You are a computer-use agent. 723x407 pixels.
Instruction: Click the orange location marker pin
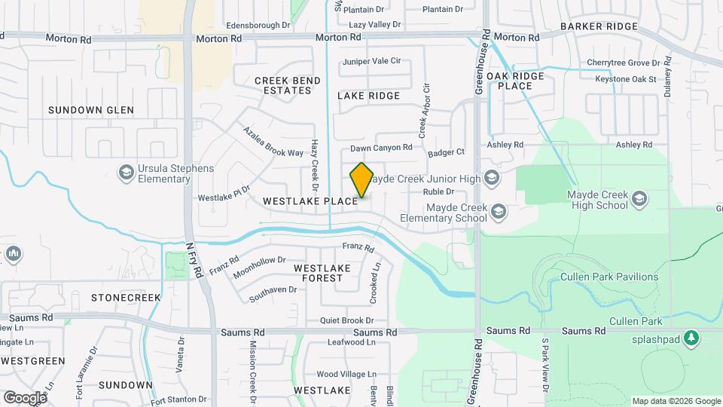click(x=361, y=180)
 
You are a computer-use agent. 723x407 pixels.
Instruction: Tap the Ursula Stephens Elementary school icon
click(x=126, y=173)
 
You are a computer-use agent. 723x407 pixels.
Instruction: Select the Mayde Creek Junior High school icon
click(x=492, y=179)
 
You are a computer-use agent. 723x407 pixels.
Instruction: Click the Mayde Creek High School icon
click(x=639, y=199)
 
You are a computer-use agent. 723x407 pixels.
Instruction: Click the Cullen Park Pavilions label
click(x=609, y=277)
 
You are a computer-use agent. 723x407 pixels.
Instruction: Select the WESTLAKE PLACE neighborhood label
click(x=310, y=201)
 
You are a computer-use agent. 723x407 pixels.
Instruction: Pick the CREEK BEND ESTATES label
click(x=282, y=85)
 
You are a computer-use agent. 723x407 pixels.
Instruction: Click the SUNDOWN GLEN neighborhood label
click(x=91, y=110)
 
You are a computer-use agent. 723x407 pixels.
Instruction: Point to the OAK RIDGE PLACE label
click(x=520, y=81)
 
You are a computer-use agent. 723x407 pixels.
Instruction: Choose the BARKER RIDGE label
click(x=599, y=26)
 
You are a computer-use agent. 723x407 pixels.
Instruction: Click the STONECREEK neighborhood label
click(x=126, y=298)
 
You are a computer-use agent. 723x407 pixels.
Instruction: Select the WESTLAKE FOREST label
click(x=322, y=273)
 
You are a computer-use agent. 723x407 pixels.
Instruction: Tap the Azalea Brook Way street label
click(x=273, y=142)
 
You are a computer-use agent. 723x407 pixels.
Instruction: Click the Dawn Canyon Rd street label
click(x=381, y=148)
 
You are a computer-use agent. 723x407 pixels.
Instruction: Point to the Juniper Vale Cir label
click(x=371, y=61)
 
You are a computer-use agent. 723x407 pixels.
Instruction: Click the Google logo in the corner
click(x=24, y=397)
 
